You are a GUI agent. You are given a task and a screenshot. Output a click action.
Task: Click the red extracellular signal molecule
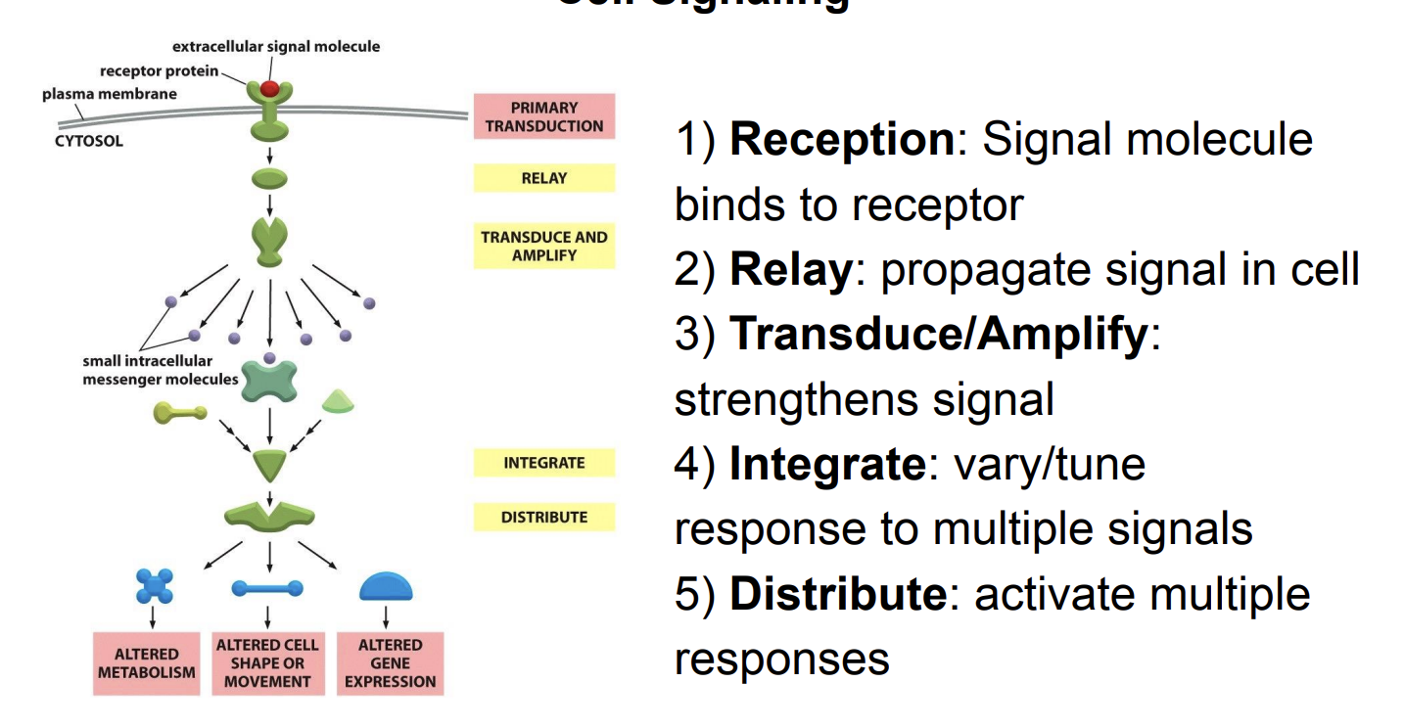click(269, 89)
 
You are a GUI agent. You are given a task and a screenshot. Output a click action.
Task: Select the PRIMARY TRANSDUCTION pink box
click(544, 116)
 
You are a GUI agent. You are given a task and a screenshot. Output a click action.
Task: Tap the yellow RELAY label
click(544, 178)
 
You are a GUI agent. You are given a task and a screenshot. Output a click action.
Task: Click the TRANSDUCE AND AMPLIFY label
click(544, 246)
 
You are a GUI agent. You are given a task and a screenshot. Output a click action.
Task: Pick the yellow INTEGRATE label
click(544, 463)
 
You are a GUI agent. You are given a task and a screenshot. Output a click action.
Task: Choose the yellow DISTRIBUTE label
click(544, 517)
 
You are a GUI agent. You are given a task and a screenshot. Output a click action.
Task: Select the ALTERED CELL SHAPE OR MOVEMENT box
click(268, 663)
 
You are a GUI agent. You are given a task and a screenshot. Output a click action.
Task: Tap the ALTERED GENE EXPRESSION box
click(390, 663)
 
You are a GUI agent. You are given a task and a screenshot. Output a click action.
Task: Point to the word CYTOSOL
click(89, 141)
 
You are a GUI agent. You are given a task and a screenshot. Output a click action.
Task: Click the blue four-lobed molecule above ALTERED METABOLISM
click(154, 587)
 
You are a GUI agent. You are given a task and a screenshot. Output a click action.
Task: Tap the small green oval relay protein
click(269, 178)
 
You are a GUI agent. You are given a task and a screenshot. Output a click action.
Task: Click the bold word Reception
click(841, 139)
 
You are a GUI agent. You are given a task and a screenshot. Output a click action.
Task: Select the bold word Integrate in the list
click(826, 463)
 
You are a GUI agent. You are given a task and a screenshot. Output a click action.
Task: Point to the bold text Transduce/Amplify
click(938, 334)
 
